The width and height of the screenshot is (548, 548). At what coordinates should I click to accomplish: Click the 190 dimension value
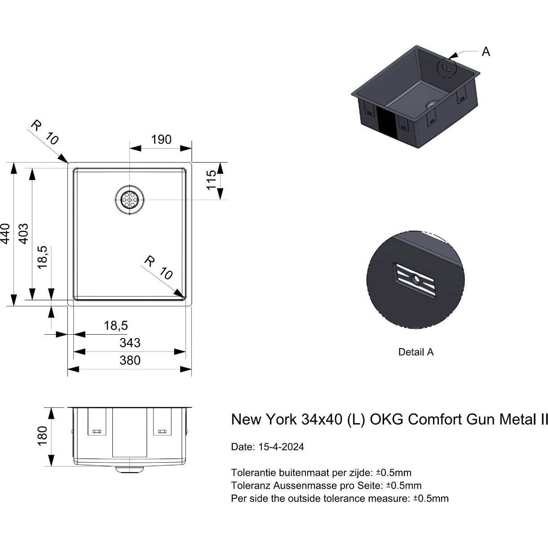point(161,139)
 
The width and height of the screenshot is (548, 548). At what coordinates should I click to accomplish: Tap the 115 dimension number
point(211,180)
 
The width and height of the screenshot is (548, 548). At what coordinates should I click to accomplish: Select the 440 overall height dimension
point(5,234)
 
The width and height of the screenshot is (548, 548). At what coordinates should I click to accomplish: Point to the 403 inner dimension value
point(24,234)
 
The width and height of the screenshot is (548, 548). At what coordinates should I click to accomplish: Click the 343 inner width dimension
point(130,343)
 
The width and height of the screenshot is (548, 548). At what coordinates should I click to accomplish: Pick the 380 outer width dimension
point(130,360)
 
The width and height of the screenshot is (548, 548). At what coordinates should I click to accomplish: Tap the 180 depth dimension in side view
point(42,436)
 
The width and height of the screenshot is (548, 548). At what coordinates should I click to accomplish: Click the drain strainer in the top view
point(130,199)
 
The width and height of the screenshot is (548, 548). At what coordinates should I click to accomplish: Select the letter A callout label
point(486,52)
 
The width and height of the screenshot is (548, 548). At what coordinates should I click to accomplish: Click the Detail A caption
point(416,352)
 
